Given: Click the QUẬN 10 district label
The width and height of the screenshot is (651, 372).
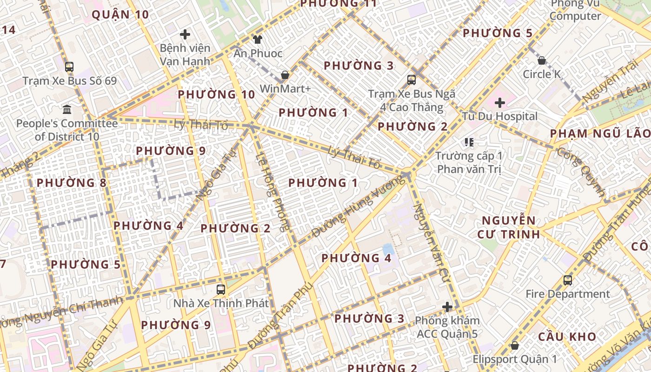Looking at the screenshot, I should tap(120, 15).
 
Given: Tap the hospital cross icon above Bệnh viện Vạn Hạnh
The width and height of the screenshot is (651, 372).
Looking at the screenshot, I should tap(185, 34).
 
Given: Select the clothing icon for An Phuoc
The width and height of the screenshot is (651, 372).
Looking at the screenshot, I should tap(257, 40).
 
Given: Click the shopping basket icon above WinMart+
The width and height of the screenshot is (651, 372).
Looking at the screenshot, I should tap(285, 75).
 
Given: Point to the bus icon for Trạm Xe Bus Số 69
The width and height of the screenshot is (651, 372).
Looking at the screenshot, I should tap(69, 66).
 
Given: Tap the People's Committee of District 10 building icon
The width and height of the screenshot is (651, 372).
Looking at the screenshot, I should tap(67, 110).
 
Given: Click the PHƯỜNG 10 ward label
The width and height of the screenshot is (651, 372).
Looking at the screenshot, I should tap(216, 95).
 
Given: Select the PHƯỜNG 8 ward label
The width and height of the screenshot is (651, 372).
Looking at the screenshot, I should tap(72, 183).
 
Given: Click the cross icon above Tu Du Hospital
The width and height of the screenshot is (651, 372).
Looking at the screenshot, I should tap(500, 102).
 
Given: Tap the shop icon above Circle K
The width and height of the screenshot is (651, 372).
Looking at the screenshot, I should tap(542, 60).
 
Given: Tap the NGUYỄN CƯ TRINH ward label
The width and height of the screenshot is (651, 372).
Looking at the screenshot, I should tap(508, 227).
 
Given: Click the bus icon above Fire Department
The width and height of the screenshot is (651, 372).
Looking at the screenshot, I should tap(568, 280).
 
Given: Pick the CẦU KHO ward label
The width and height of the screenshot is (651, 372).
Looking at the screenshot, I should tap(567, 337).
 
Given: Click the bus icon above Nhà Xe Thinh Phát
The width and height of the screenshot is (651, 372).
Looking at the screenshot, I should tap(221, 290).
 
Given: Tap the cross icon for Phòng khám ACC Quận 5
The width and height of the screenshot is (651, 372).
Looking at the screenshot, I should tap(447, 307).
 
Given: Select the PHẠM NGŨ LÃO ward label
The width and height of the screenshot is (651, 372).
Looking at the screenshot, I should tap(600, 134).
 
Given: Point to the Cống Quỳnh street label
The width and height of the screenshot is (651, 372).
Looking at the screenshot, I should tap(581, 172).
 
